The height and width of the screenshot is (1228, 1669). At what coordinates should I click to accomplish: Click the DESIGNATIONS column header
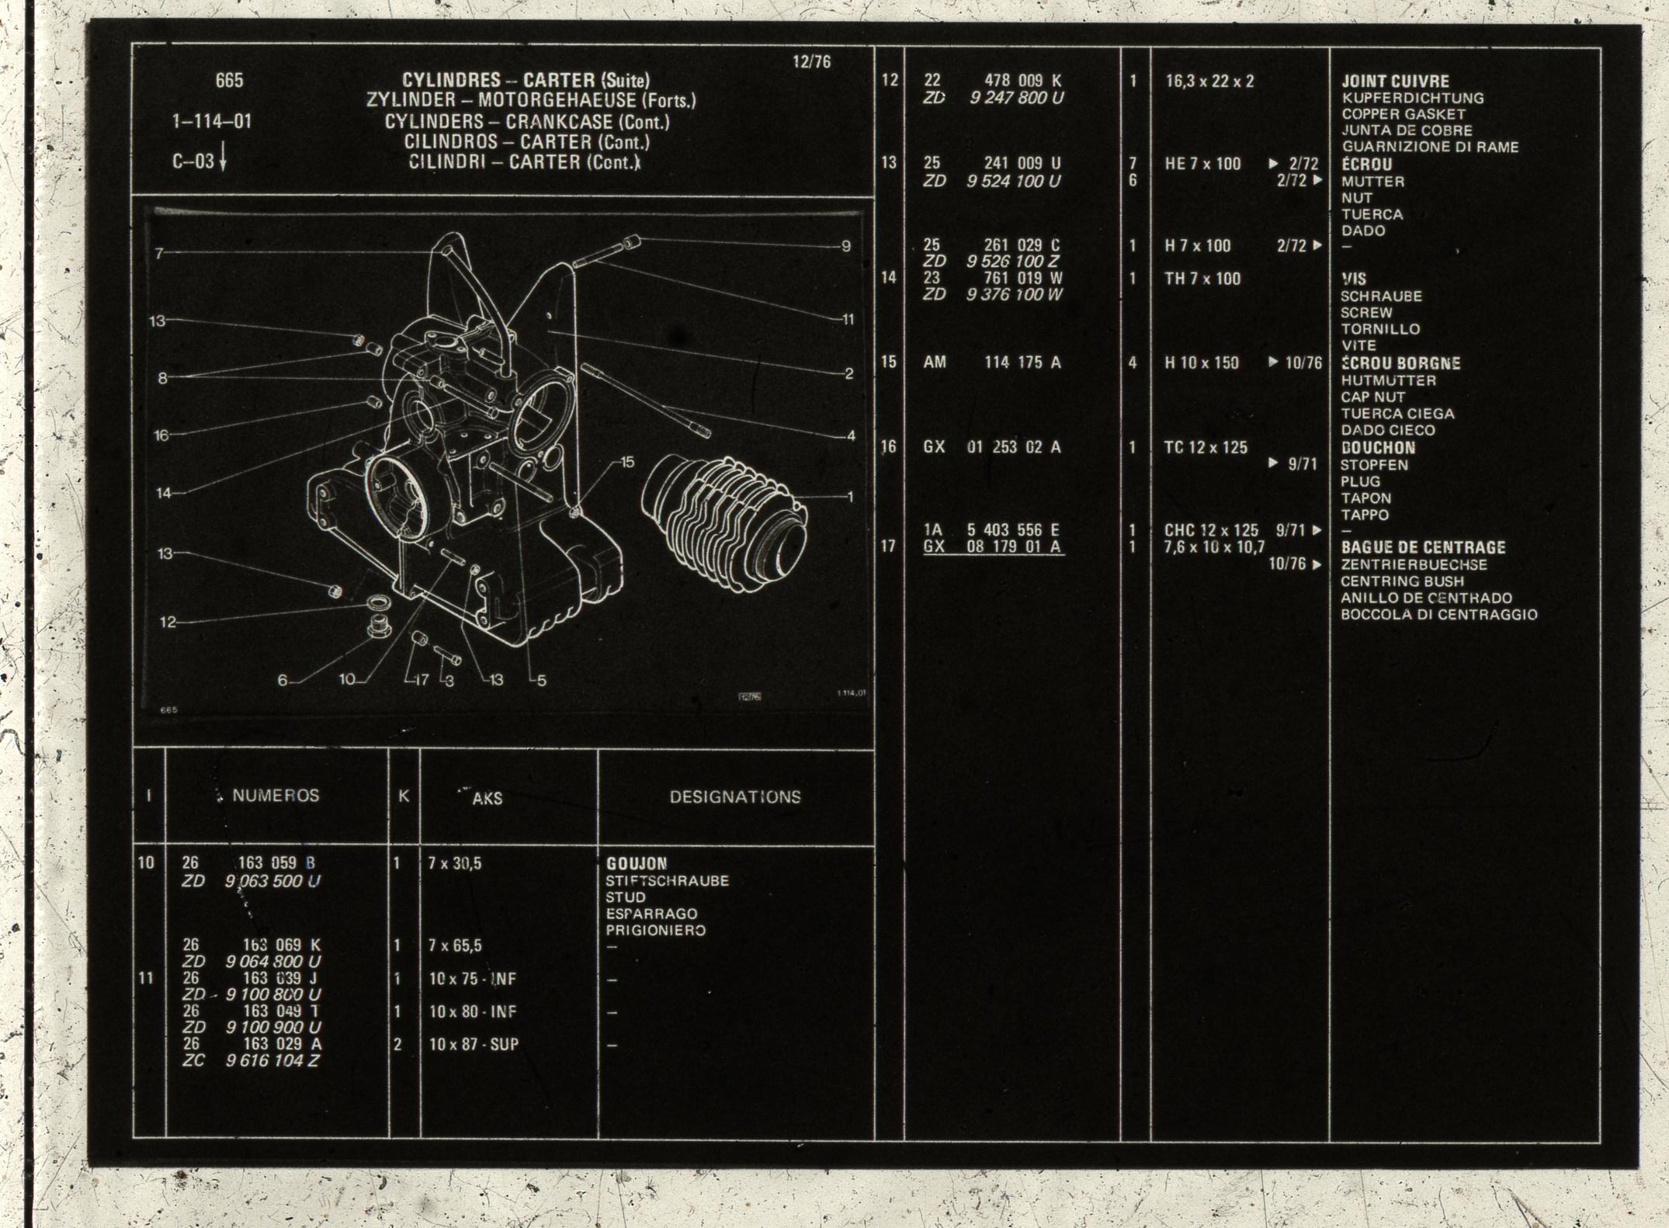click(735, 796)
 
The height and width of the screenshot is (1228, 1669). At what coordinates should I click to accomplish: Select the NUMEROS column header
click(276, 796)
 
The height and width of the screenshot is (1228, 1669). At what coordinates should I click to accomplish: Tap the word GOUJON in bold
click(637, 863)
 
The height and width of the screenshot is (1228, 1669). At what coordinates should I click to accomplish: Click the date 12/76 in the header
click(811, 62)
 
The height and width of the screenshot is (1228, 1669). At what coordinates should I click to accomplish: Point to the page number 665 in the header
click(229, 80)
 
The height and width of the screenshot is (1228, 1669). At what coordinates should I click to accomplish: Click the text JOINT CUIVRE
click(1395, 81)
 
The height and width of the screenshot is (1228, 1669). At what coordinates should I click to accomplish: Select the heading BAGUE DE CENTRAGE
click(1423, 547)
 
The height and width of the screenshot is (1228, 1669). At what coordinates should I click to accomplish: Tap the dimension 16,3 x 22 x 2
click(1209, 81)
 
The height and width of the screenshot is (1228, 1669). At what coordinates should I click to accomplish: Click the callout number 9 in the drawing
click(846, 246)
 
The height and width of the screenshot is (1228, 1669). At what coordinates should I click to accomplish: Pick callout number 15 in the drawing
click(627, 462)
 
